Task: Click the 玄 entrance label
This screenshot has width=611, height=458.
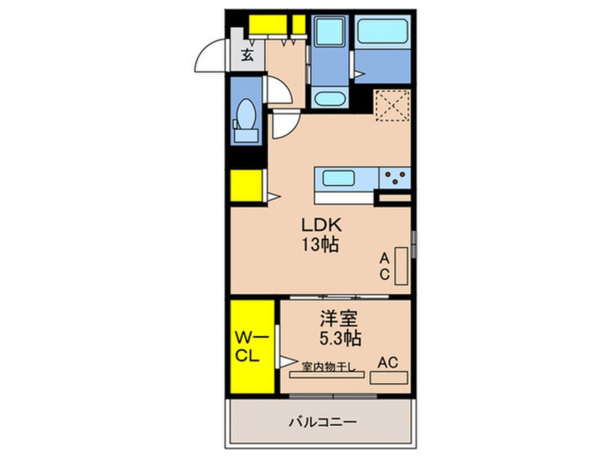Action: pyautogui.click(x=248, y=55)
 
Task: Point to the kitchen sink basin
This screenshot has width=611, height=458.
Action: pyautogui.click(x=339, y=178)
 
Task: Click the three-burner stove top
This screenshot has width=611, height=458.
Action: pyautogui.click(x=394, y=177)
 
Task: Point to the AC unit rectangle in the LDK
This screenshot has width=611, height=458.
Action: pyautogui.click(x=401, y=265)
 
